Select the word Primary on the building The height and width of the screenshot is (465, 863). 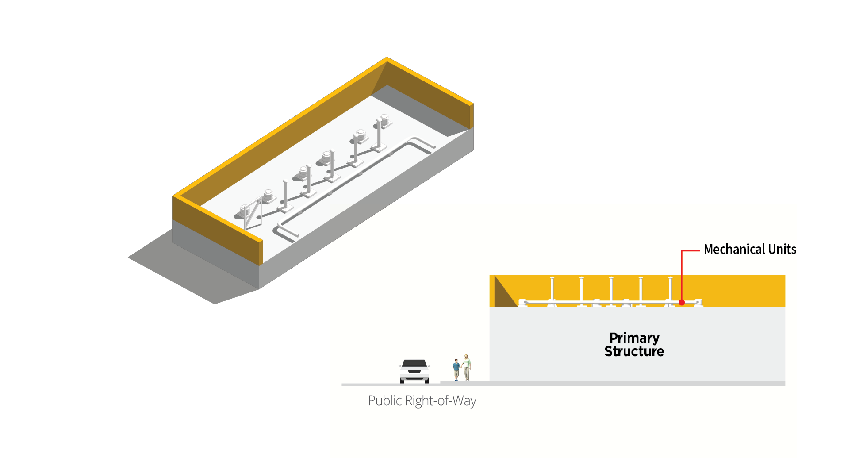tap(634, 338)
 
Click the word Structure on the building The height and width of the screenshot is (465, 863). tap(634, 351)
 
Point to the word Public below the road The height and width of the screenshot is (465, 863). tap(384, 401)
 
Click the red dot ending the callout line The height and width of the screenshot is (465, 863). tap(682, 303)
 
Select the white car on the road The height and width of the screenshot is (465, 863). tap(414, 371)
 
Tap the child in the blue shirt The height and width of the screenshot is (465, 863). tap(456, 370)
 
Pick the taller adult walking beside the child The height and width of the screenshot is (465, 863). tap(467, 367)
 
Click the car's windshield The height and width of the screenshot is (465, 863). tap(414, 364)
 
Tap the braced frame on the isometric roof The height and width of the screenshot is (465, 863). tap(253, 213)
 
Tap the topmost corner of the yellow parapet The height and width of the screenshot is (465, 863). tap(387, 59)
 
